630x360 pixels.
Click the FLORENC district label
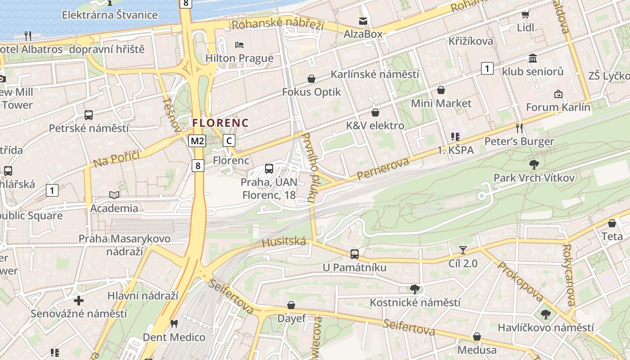point(220,122)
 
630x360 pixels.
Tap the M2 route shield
point(197,141)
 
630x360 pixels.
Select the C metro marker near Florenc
point(229,141)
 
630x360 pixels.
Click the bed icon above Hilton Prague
point(239,45)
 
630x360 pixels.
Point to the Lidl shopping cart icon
point(525,14)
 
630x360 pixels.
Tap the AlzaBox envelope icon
point(363,21)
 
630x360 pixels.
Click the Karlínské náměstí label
point(375,74)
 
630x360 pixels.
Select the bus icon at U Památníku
point(355,254)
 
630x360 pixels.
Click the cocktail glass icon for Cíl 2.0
point(463,250)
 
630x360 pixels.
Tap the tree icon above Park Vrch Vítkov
point(534,164)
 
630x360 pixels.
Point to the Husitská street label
point(283,243)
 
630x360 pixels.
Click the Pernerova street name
point(384,169)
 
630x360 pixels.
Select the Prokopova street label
point(520,281)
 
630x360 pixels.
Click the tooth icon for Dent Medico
point(174,324)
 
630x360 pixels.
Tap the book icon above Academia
point(114,195)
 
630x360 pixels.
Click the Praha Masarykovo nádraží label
point(125,244)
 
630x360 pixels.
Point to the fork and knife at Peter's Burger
point(519,128)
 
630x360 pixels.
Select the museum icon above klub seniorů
point(533,58)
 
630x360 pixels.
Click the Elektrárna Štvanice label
point(110,15)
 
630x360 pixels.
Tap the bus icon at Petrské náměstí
point(89,115)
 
